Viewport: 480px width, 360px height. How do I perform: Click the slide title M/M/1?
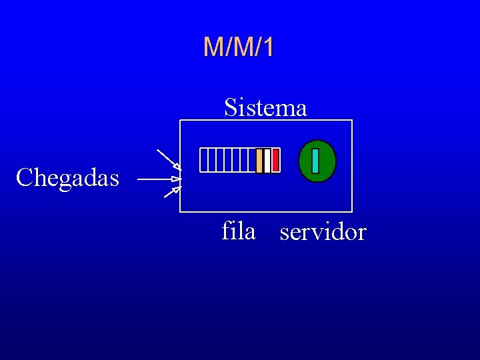[239, 47]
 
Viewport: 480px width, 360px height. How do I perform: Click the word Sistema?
[265, 107]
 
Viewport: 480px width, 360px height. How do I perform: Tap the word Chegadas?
[67, 178]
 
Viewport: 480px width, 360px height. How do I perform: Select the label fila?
[239, 231]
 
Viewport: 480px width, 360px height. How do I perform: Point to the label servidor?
[323, 233]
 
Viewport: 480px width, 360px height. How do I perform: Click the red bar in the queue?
[275, 161]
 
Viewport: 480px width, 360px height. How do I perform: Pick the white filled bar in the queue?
[267, 161]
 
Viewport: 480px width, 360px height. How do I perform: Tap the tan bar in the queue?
[259, 161]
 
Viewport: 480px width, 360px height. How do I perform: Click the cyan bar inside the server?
[315, 161]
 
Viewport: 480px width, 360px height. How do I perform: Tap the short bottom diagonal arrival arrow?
[172, 193]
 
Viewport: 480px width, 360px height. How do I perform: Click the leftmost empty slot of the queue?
[203, 161]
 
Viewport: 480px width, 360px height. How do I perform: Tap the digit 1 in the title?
[267, 47]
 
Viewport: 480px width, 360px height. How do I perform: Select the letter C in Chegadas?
[24, 178]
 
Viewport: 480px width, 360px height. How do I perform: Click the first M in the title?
[213, 47]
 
